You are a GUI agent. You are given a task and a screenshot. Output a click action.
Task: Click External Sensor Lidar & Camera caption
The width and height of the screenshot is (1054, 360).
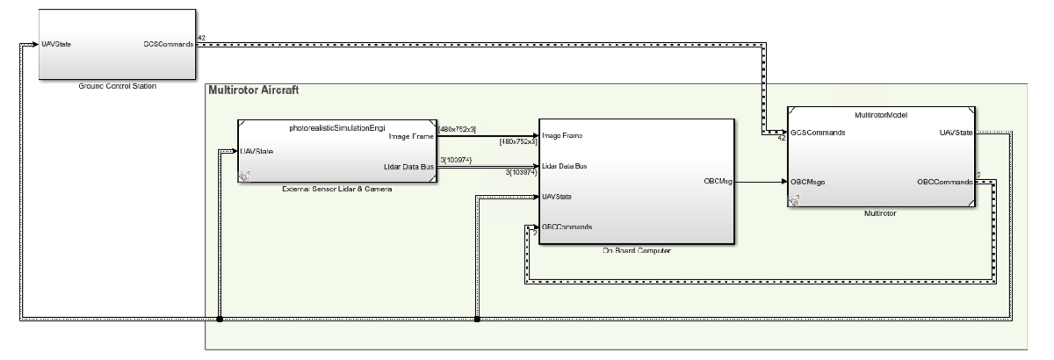click(x=337, y=190)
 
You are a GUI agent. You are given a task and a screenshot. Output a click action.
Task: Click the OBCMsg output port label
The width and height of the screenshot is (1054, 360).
click(x=712, y=182)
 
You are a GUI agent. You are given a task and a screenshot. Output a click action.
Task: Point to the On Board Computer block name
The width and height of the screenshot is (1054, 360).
click(x=637, y=252)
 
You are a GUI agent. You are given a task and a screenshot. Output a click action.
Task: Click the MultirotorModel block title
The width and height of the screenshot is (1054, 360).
click(x=881, y=114)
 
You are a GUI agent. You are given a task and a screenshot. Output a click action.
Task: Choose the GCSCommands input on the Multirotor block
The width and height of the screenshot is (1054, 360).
click(x=818, y=133)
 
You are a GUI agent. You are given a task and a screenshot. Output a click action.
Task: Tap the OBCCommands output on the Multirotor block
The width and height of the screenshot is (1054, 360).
click(x=944, y=182)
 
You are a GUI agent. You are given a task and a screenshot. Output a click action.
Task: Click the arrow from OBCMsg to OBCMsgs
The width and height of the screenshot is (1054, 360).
click(x=760, y=182)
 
